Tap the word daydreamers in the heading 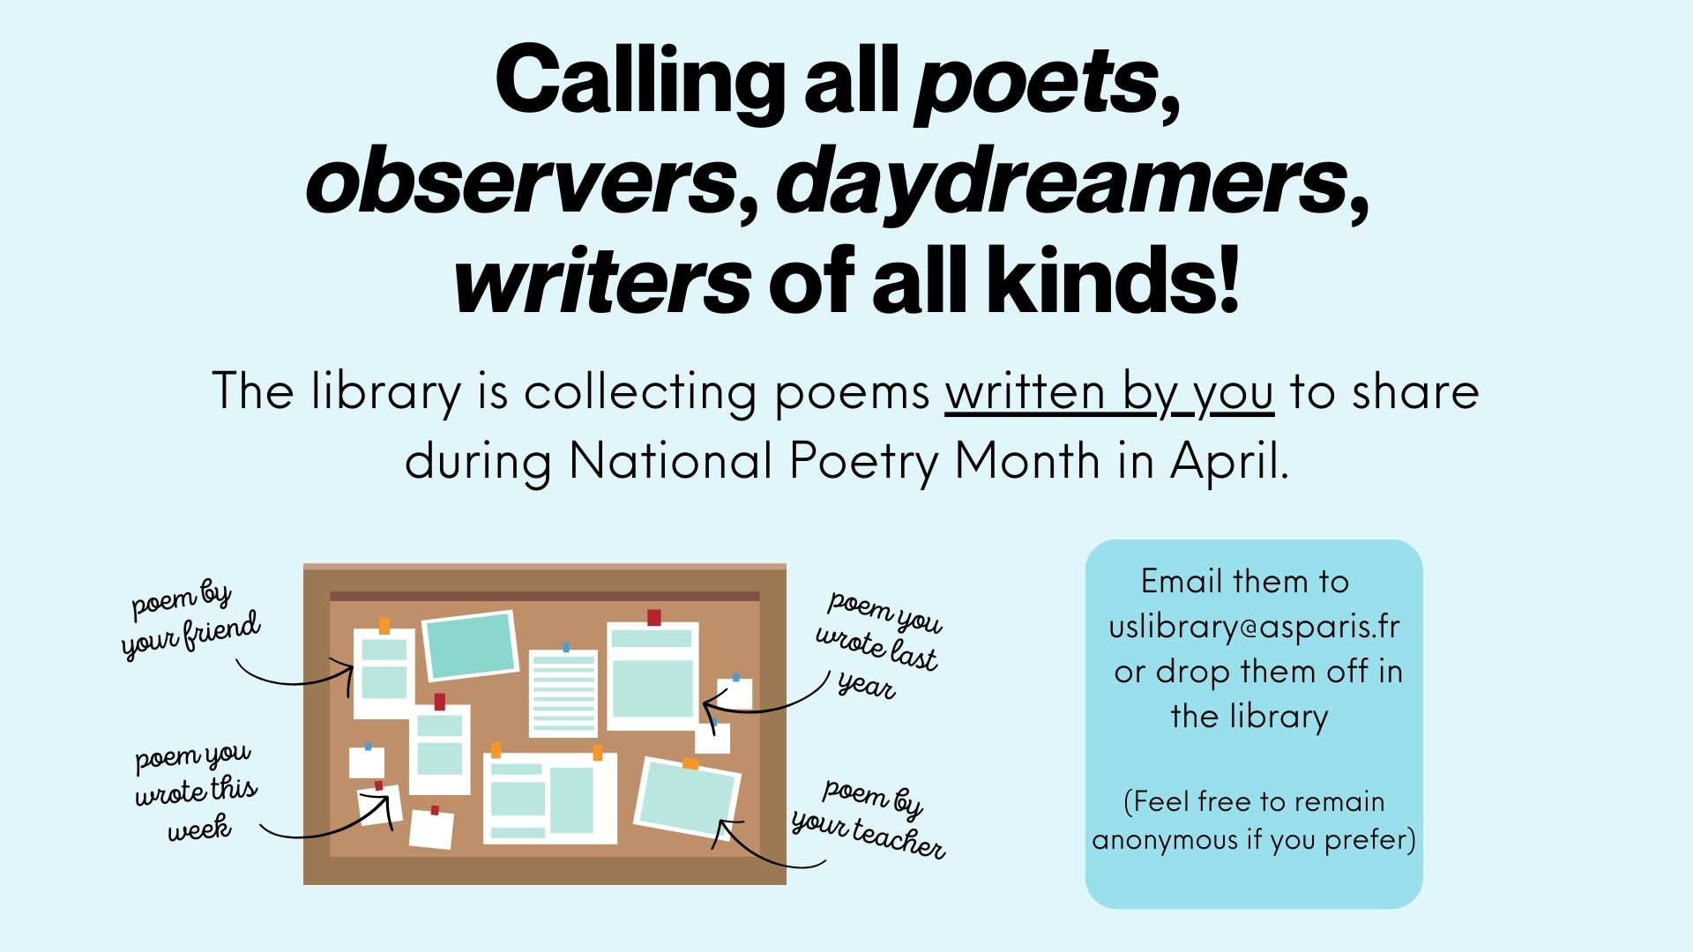pyautogui.click(x=1063, y=183)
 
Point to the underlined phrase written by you pyautogui.click(x=1109, y=394)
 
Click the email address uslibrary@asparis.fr pyautogui.click(x=1254, y=627)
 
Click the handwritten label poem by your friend pyautogui.click(x=191, y=620)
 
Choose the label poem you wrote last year pyautogui.click(x=879, y=644)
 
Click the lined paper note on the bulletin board pyautogui.click(x=563, y=694)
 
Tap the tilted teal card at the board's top pyautogui.click(x=469, y=646)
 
